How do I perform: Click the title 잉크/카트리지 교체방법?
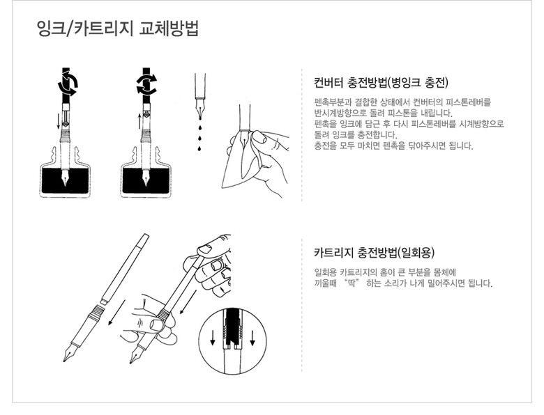click(117, 29)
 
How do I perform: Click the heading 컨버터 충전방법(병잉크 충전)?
click(381, 82)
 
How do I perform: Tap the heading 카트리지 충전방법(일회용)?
click(374, 253)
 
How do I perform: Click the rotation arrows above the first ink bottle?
click(68, 84)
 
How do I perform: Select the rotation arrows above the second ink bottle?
click(146, 84)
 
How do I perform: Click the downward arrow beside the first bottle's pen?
click(59, 121)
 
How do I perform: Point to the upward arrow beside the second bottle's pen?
click(139, 121)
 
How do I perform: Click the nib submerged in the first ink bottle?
click(66, 178)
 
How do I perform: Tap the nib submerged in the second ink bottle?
click(146, 178)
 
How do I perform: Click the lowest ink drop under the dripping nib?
click(199, 148)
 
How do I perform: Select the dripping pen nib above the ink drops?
click(200, 107)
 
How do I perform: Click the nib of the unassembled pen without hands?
click(68, 353)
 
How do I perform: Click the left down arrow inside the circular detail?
click(213, 338)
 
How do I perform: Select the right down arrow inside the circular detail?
click(252, 338)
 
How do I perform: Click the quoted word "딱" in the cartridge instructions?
click(351, 283)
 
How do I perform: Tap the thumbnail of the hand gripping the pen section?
click(156, 324)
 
